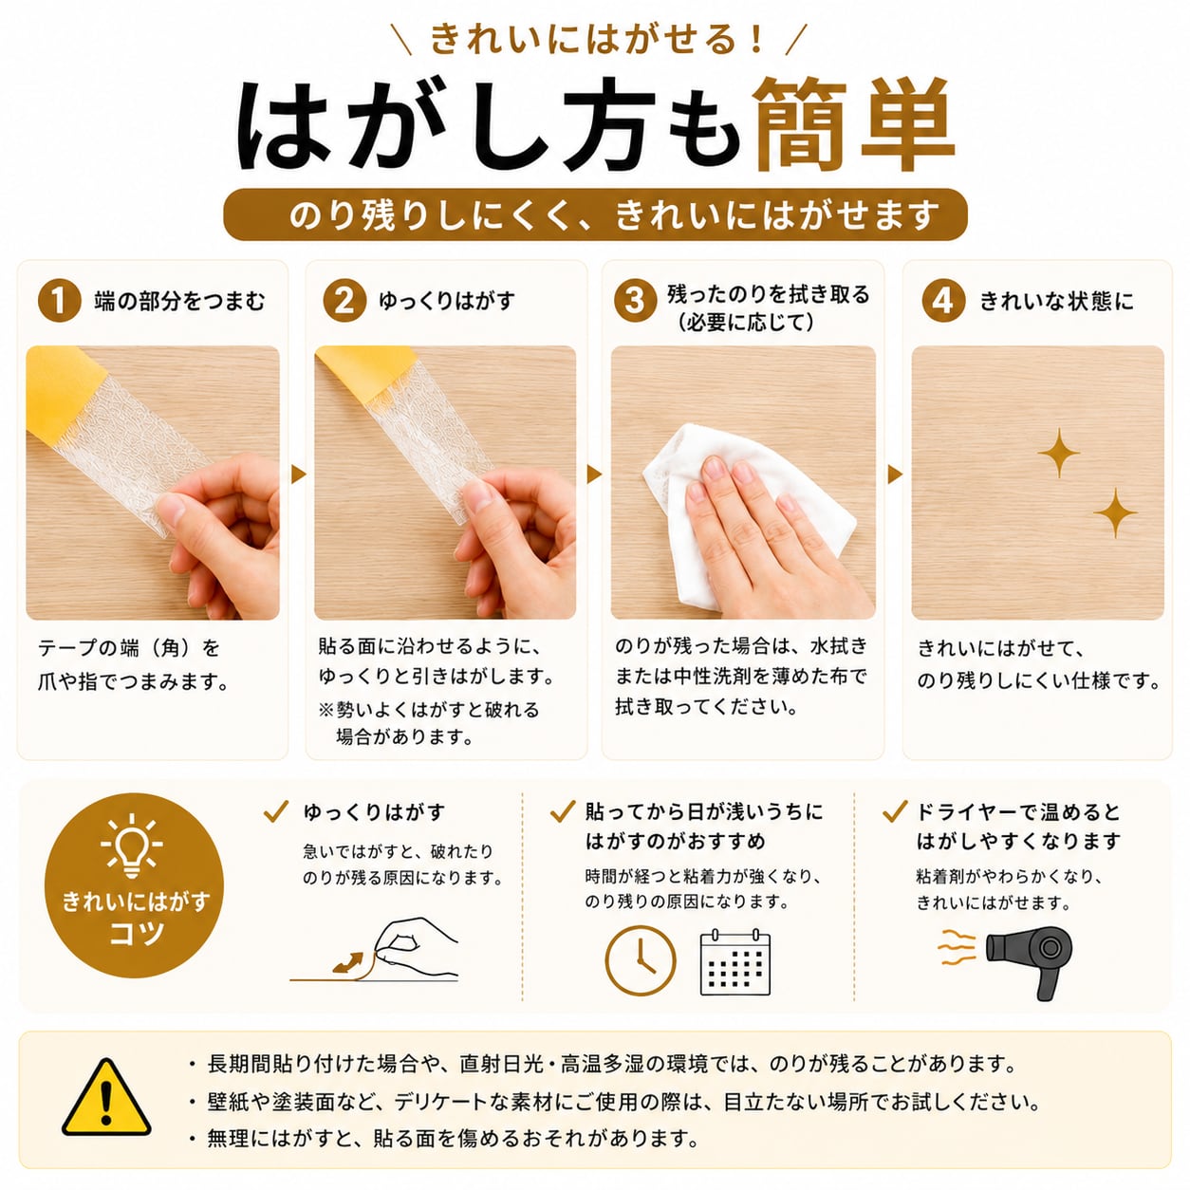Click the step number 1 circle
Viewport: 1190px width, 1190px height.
(59, 301)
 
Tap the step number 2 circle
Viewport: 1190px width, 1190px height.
(344, 301)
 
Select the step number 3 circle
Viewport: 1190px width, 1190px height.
(635, 301)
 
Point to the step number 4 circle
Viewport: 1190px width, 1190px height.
(943, 301)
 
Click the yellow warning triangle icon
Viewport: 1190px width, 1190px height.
(106, 1097)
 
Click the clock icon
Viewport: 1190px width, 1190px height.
(641, 961)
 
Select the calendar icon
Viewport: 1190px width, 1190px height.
(734, 961)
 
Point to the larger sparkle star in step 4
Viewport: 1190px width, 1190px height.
(1058, 453)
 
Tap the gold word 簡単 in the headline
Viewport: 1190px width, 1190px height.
(853, 124)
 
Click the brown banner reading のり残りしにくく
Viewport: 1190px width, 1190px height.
(595, 214)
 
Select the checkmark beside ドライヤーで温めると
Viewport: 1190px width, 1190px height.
(895, 811)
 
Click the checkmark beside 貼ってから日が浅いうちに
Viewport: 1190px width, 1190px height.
(563, 811)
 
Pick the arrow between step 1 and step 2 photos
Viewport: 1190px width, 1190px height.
(298, 474)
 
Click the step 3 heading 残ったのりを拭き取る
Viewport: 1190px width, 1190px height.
(769, 294)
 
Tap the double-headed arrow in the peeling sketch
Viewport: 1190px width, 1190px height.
(348, 963)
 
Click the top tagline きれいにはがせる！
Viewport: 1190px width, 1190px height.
(597, 40)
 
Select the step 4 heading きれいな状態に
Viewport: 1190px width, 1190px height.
(1056, 302)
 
